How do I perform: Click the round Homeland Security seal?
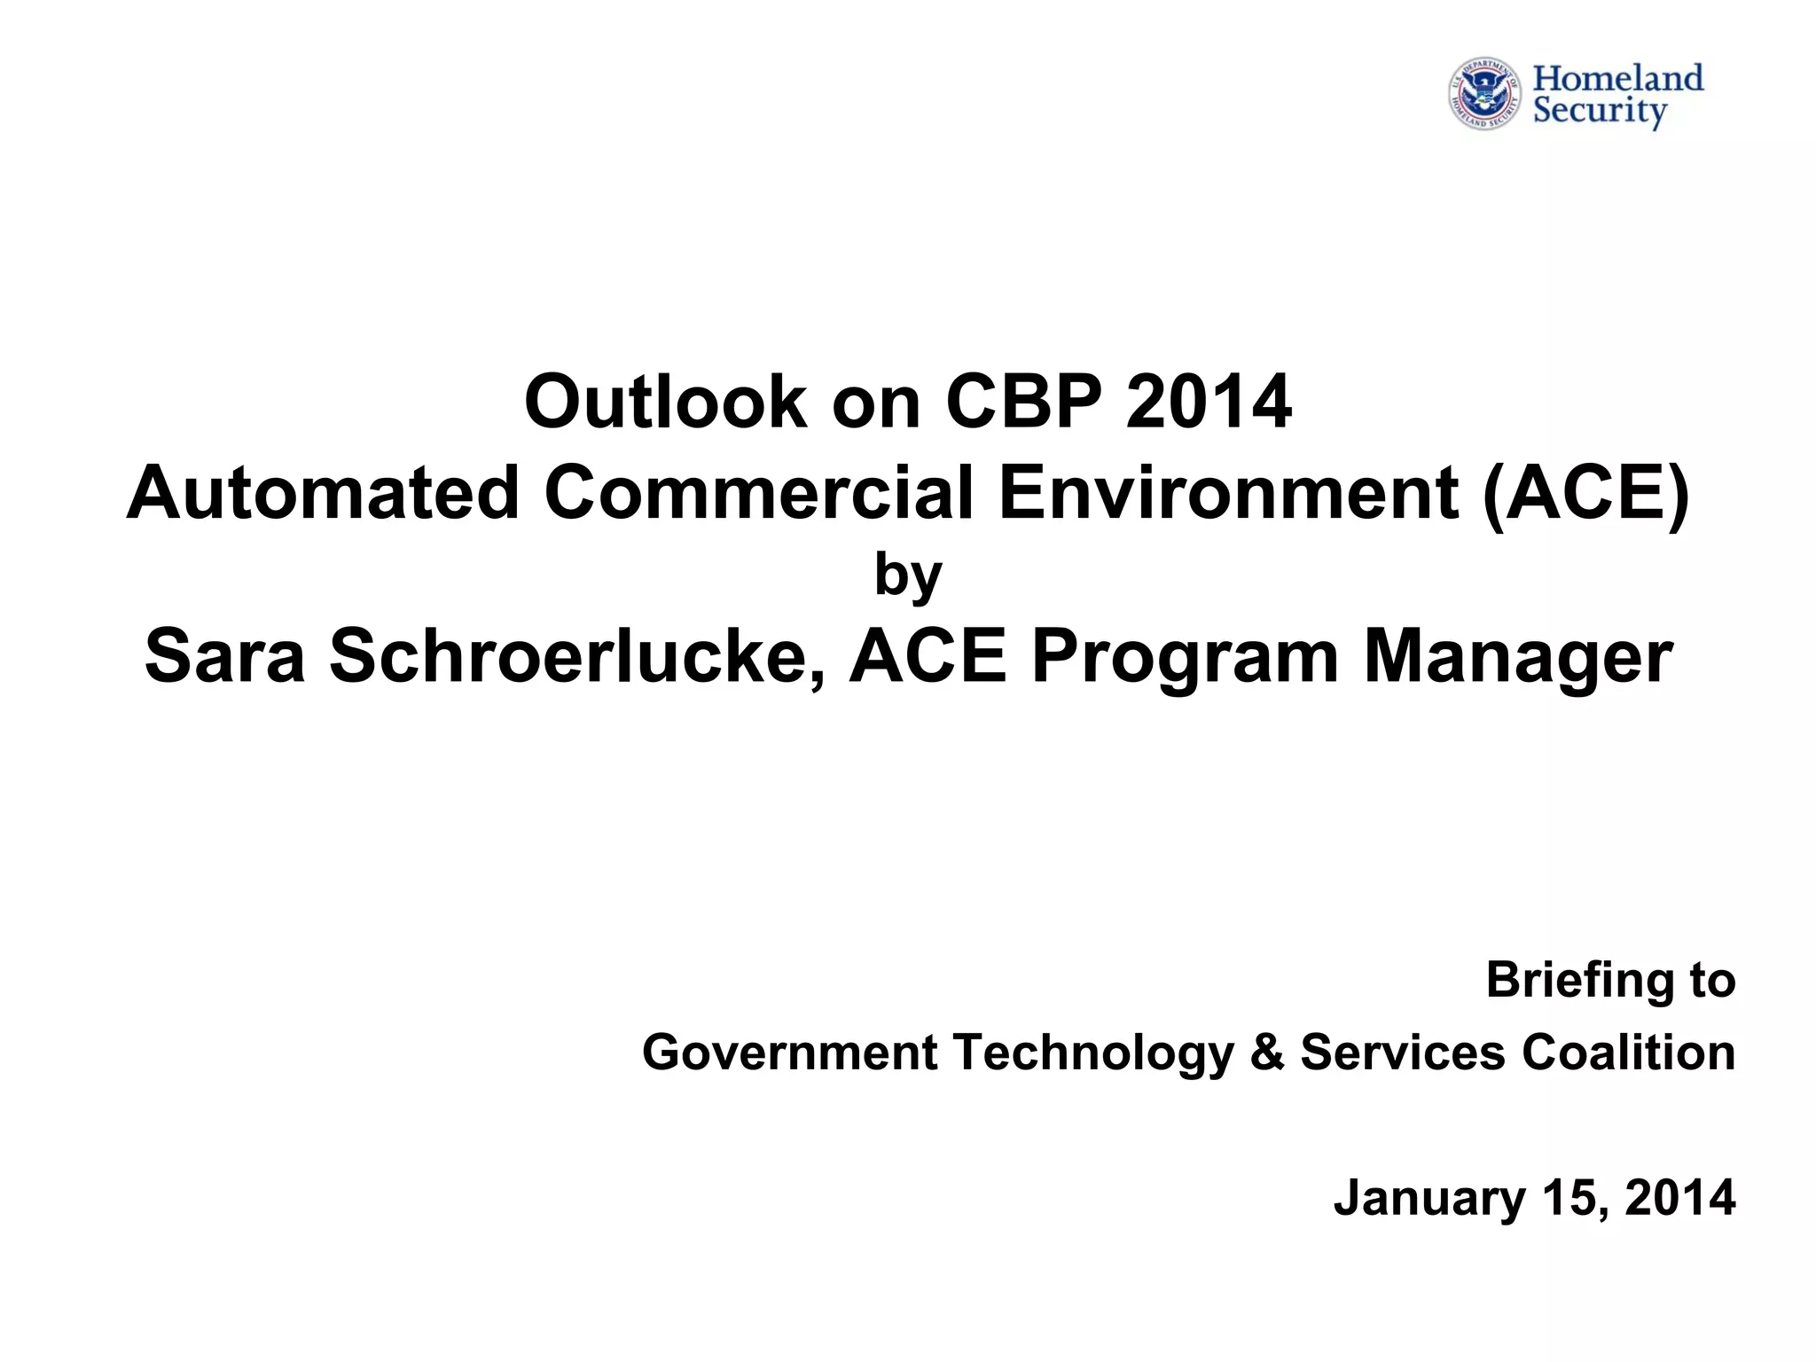click(x=1485, y=95)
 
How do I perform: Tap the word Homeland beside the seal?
click(x=1618, y=78)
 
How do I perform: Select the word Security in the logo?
click(x=1600, y=113)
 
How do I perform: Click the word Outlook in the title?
click(x=664, y=402)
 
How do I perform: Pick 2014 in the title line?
click(x=1209, y=402)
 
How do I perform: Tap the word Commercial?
click(x=758, y=493)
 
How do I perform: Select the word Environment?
click(x=1228, y=493)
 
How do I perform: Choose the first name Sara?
click(x=224, y=657)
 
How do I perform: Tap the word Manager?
click(x=1517, y=657)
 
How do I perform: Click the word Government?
click(x=790, y=1053)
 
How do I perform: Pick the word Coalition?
click(x=1628, y=1053)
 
